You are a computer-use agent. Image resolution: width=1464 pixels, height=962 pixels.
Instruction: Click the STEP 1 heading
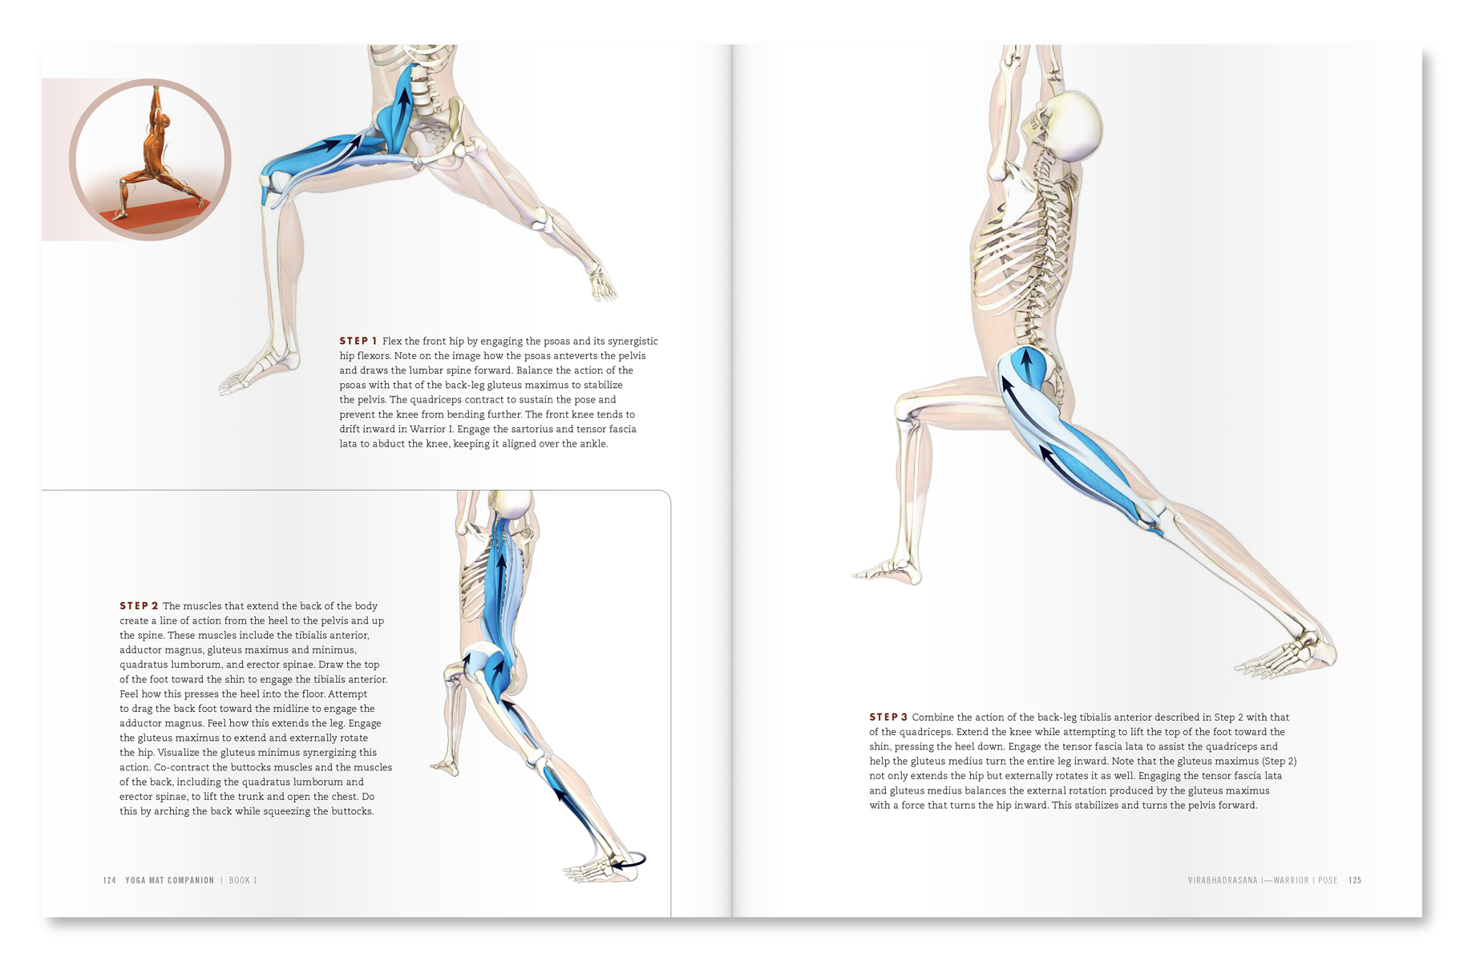point(358,341)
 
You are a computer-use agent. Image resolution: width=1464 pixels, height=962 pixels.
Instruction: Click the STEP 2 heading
point(139,606)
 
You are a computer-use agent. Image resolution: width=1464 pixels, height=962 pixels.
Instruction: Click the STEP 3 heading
point(888,717)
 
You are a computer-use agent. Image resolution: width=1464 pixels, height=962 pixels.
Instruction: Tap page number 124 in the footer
point(110,880)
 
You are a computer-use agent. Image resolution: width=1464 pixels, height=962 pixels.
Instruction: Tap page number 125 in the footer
point(1355,880)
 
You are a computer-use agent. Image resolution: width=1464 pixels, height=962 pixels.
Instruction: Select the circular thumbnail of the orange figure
point(150,160)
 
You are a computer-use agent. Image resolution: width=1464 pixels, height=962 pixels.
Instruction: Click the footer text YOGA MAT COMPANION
point(170,880)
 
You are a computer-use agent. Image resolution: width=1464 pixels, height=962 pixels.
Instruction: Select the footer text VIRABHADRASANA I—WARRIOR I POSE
point(1263,880)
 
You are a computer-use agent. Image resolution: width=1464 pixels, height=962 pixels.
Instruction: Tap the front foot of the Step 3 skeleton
point(887,572)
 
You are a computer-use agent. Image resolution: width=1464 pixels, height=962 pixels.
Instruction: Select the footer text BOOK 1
point(243,880)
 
